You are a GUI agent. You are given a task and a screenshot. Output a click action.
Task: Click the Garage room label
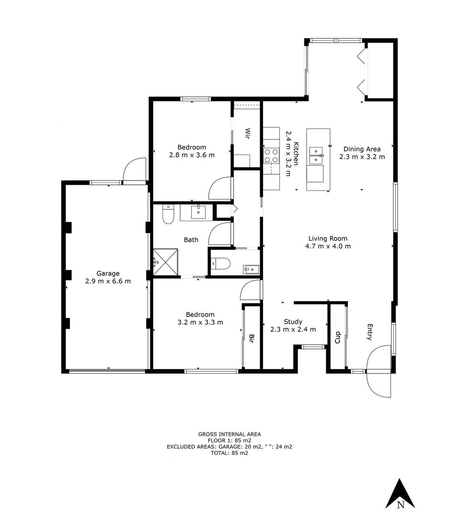point(108,273)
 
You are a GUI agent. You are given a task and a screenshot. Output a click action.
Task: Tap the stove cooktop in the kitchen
point(271,156)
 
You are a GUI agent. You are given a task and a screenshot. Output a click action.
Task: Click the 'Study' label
point(293,322)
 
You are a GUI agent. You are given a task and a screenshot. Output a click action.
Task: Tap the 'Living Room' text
point(328,238)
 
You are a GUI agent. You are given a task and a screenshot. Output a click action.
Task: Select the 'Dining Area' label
point(362,149)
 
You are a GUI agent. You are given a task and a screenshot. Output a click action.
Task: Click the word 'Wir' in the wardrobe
point(247,133)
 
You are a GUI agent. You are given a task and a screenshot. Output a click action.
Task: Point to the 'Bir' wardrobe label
point(251,339)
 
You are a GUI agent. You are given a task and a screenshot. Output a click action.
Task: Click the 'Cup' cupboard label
point(337,337)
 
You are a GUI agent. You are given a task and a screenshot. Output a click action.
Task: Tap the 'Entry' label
point(369,332)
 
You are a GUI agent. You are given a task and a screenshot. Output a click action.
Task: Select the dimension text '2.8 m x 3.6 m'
point(192,155)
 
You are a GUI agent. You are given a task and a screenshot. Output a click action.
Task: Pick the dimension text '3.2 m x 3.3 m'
point(200,322)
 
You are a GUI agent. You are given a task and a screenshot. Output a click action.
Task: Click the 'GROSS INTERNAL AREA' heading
point(229,434)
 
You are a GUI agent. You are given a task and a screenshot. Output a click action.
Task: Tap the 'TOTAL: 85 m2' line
point(229,453)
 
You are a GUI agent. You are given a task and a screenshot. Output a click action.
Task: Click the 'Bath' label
point(191,240)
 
